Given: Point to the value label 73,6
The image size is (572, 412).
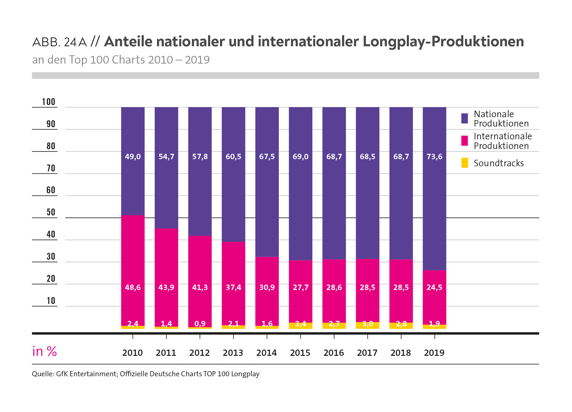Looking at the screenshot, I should pos(434,157).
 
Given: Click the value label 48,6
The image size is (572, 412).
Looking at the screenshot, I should pos(133,287).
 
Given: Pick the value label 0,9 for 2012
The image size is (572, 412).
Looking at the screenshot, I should pos(200,324).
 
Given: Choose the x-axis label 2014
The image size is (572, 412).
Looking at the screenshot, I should pos(267,353).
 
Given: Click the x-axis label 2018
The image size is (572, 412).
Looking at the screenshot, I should pos(401,353).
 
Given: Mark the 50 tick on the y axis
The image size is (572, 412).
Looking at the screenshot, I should pos(51,212).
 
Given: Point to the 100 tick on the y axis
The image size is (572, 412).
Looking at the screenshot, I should pos(49,102).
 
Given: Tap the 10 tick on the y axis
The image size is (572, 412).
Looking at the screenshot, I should pos(51,301).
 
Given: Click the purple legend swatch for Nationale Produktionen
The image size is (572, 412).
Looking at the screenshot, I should pos(464,118).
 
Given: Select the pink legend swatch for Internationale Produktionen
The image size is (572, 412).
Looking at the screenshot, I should pos(464,141).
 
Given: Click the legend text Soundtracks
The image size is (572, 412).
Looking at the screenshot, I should pos(498,163).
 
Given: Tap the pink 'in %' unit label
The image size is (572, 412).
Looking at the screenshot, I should pos(45,352).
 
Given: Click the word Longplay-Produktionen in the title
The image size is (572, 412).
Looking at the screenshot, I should pos(443,41).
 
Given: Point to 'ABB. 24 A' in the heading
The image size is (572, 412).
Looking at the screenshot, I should pos(59,42).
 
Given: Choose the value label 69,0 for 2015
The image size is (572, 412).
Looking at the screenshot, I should pos(300,157).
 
